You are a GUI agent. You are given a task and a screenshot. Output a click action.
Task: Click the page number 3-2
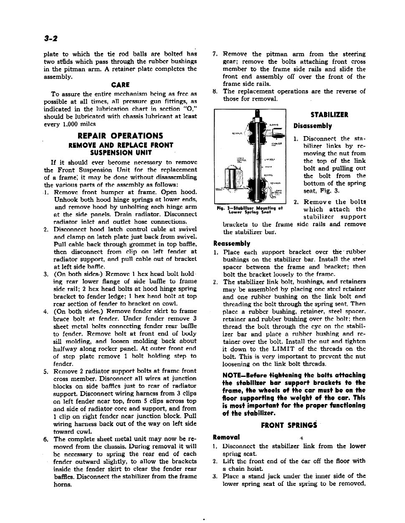pos(51,38)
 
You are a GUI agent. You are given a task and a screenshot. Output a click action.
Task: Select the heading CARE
pos(120,85)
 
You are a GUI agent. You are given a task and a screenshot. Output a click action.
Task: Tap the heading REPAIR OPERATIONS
pos(120,136)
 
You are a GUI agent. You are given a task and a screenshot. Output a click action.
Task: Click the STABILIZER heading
pos(329,115)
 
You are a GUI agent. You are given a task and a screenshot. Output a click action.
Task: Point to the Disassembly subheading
pos(313,126)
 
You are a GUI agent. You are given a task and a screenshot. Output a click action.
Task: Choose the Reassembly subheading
pos(232,243)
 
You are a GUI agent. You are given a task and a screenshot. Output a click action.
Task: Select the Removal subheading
pos(226,437)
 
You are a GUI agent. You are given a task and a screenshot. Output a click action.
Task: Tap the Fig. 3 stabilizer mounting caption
pos(250,210)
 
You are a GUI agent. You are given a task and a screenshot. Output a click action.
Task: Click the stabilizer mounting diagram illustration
pos(250,157)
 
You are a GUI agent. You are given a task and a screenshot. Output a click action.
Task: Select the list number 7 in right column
pos(215,54)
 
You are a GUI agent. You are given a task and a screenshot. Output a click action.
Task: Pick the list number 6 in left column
pos(46,439)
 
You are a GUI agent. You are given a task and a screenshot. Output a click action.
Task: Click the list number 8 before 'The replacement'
pos(215,91)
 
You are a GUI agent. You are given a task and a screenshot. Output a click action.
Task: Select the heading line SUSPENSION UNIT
pos(120,153)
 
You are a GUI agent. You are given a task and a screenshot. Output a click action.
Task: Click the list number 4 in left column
pos(46,311)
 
